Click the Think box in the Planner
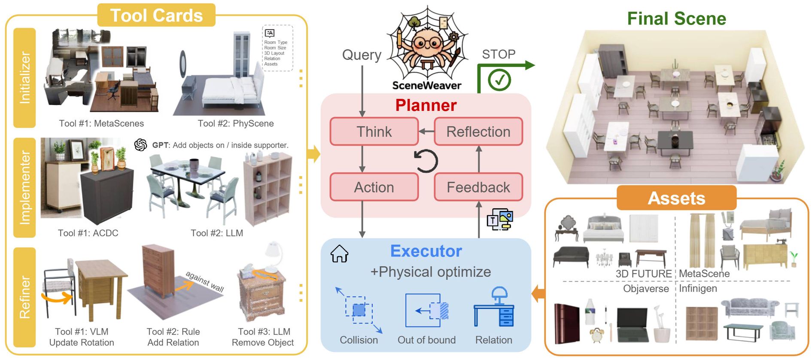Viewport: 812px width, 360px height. (374, 131)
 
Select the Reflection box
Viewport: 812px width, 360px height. (478, 131)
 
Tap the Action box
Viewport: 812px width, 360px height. (374, 187)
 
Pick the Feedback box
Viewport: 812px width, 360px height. (478, 187)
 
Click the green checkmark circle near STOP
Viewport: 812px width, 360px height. (499, 80)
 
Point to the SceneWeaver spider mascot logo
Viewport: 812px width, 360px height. (427, 43)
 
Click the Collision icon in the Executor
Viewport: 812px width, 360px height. (359, 310)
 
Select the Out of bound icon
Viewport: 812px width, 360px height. (427, 310)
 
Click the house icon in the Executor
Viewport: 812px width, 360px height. (339, 254)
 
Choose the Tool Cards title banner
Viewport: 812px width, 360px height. (156, 15)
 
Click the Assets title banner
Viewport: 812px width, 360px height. (676, 198)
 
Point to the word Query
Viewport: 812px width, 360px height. (362, 55)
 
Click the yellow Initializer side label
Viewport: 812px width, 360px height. (24, 78)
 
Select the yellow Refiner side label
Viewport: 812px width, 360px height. (24, 297)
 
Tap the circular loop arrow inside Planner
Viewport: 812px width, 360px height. (426, 161)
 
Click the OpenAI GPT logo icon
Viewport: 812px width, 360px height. (140, 145)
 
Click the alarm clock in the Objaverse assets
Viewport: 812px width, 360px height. (597, 335)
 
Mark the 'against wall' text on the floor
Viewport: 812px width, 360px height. (205, 281)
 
